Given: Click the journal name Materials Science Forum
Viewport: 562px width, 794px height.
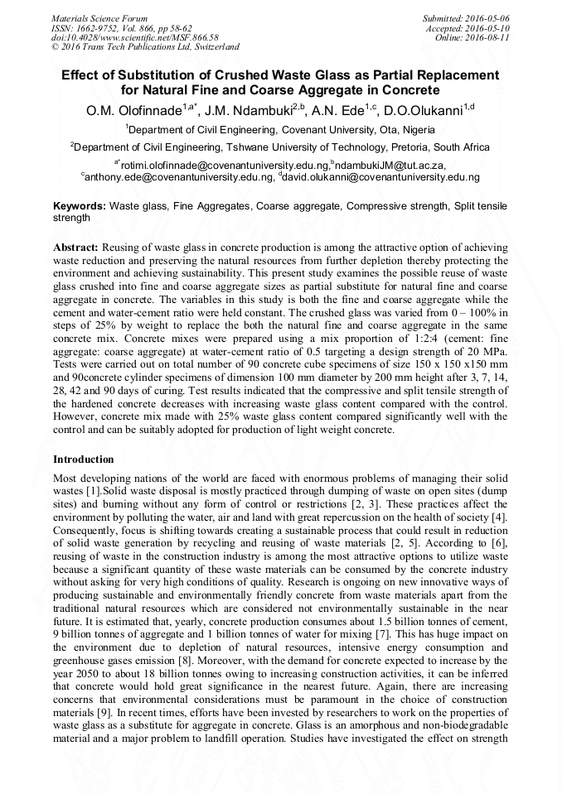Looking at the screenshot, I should [99, 17].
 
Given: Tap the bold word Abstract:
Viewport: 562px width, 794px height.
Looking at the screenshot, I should [76, 248].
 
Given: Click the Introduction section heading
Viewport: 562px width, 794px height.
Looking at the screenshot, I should [84, 460].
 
